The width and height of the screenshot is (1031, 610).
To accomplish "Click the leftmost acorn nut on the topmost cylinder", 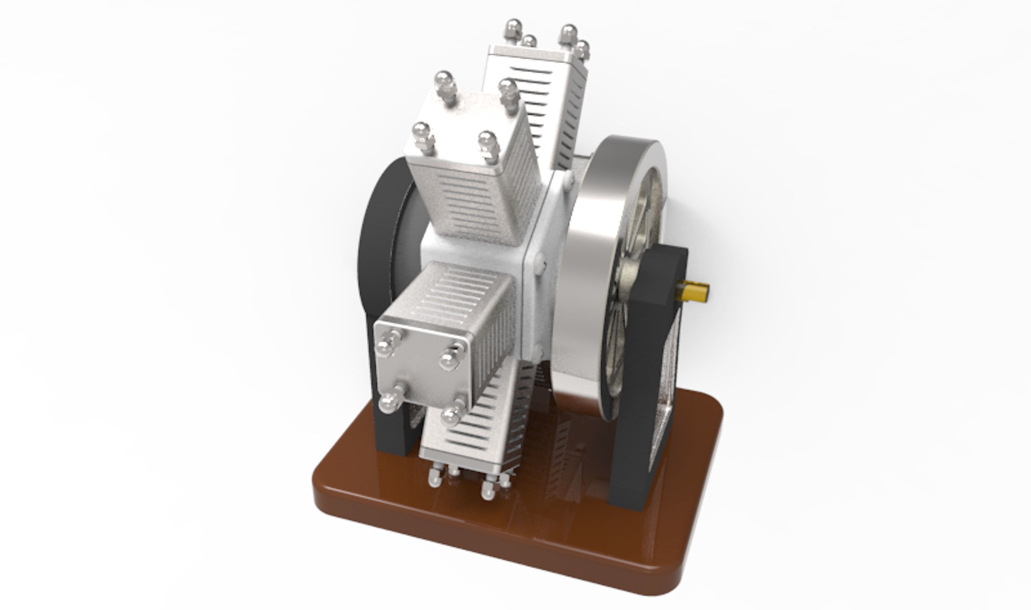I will point(513,28).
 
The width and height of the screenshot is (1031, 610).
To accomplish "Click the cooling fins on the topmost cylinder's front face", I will point(530,95).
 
